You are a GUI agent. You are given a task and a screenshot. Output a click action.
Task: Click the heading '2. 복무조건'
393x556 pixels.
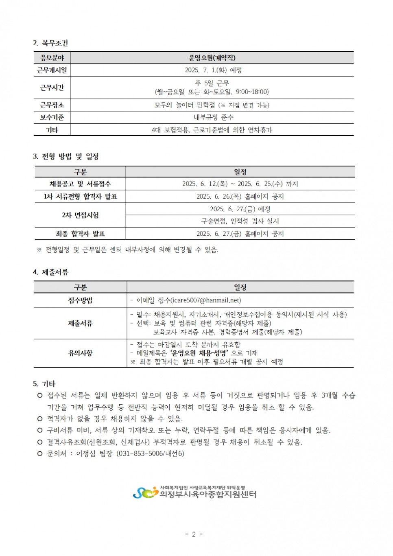[50, 43]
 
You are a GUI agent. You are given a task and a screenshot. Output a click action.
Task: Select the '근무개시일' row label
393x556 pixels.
[52, 70]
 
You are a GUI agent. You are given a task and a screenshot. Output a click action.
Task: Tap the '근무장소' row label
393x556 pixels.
[52, 105]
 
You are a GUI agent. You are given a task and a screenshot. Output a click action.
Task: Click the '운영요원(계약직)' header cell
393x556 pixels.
[212, 58]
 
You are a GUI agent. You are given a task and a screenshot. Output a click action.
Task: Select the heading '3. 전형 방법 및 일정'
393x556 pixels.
[66, 156]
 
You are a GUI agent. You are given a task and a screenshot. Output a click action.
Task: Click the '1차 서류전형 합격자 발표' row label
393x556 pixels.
[81, 197]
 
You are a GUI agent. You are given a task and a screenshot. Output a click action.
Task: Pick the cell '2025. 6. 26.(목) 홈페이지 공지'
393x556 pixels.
[240, 197]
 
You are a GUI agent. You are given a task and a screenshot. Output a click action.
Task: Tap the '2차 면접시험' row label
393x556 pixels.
[81, 215]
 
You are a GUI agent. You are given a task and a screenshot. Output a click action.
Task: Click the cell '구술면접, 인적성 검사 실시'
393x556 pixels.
[240, 221]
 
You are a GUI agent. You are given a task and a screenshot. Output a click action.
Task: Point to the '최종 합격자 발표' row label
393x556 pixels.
[81, 234]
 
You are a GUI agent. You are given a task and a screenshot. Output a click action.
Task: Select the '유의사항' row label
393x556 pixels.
[81, 353]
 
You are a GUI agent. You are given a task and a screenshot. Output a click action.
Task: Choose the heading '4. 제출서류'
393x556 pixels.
[51, 272]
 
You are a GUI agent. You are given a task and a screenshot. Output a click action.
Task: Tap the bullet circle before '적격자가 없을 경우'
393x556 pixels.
[40, 418]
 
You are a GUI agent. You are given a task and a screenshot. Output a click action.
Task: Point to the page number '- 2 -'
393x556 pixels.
[194, 534]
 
